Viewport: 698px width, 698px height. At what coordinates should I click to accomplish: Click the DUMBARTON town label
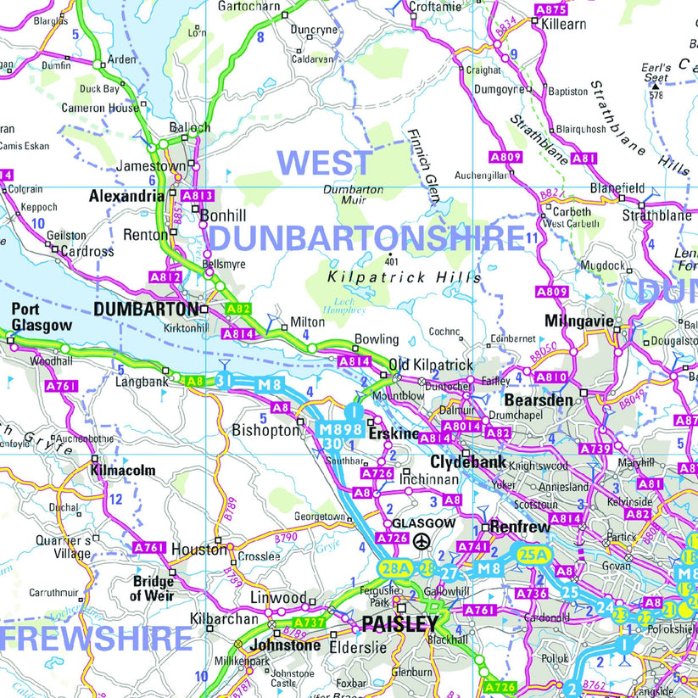pyautogui.click(x=146, y=310)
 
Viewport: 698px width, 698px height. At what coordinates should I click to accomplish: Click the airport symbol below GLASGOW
pyautogui.click(x=422, y=541)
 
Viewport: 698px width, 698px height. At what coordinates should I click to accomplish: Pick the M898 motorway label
pyautogui.click(x=340, y=429)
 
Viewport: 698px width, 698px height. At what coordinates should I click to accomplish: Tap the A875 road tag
pyautogui.click(x=550, y=9)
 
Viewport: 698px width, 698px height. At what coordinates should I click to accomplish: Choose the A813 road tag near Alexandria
pyautogui.click(x=197, y=196)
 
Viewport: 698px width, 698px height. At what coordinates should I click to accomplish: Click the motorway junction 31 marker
pyautogui.click(x=224, y=379)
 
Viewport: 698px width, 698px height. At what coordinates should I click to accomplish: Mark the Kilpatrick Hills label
pyautogui.click(x=405, y=277)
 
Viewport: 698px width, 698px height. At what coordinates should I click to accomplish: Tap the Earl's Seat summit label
pyautogui.click(x=656, y=72)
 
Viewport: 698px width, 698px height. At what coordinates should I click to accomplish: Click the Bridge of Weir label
pyautogui.click(x=154, y=588)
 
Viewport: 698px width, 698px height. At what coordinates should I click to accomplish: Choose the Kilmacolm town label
pyautogui.click(x=123, y=470)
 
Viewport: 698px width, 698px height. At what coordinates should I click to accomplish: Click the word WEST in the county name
pyautogui.click(x=325, y=163)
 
